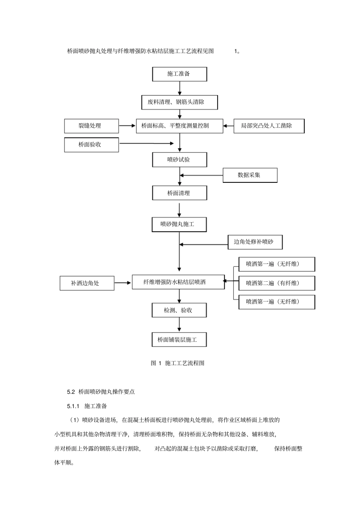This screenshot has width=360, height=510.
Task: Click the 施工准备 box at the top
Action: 179,74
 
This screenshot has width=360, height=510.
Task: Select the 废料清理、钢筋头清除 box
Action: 179,102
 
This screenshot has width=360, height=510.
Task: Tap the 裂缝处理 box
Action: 91,126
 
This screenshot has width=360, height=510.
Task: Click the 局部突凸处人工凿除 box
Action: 269,126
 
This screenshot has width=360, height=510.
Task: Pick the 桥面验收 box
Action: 91,145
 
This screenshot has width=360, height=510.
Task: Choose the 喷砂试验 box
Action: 179,160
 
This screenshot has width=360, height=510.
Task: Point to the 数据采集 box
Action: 250,175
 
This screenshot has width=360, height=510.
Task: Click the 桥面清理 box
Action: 179,193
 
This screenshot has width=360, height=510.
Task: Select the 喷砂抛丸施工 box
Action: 179,224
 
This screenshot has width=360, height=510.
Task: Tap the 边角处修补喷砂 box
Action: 255,242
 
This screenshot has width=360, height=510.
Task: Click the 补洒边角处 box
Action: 87,283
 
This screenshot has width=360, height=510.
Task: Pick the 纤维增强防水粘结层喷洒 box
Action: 178,282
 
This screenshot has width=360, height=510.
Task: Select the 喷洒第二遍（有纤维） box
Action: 277,283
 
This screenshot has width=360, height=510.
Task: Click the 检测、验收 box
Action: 179,310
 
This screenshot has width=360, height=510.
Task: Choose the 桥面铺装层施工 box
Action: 179,340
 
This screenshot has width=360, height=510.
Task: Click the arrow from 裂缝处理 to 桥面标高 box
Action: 127,126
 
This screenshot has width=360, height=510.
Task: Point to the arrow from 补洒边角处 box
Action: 123,283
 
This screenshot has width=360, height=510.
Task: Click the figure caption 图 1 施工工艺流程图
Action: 178,363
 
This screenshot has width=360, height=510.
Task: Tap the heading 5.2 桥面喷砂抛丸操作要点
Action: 101,392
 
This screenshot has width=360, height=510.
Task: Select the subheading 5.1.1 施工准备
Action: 87,406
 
